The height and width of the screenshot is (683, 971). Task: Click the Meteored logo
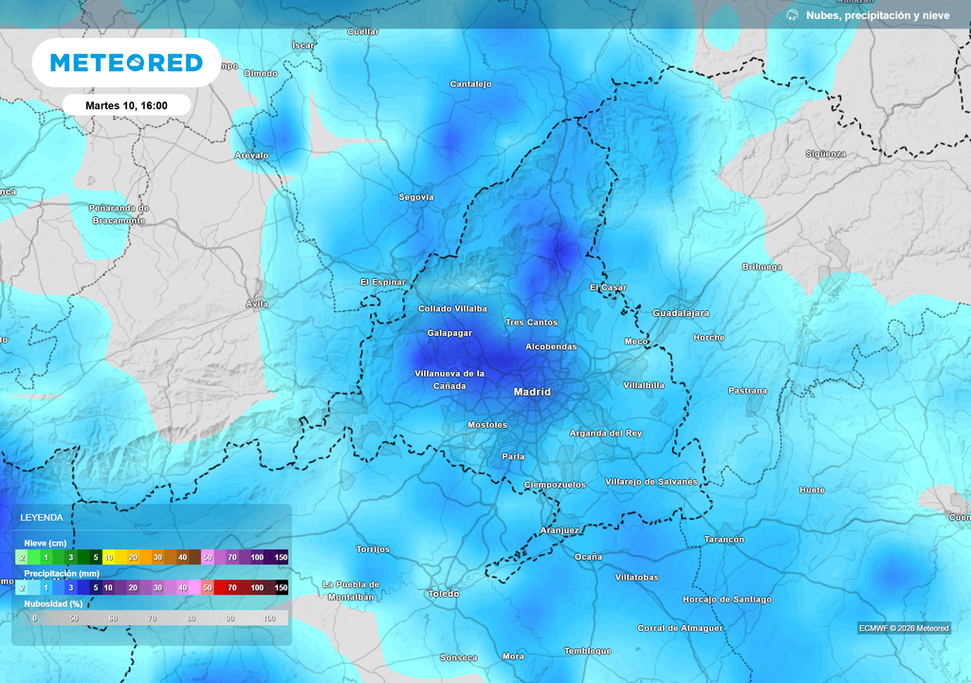126,63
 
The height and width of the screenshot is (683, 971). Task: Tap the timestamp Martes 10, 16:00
126,105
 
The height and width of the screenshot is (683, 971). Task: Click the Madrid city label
531,392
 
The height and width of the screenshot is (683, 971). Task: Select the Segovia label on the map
415,197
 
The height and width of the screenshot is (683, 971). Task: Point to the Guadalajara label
681,313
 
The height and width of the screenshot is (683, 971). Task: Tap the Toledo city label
443,594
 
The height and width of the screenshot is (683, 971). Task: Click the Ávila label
256,305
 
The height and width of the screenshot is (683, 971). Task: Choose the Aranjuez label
559,530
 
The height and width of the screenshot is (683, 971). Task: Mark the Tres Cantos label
531,323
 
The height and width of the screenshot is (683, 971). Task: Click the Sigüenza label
825,154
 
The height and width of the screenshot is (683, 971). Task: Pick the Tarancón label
724,540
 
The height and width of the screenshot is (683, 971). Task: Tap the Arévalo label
251,155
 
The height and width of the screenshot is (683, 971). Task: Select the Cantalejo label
470,84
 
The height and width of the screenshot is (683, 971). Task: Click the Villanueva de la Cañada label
449,379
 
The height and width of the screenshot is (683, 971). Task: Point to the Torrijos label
373,549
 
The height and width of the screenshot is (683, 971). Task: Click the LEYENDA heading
42,518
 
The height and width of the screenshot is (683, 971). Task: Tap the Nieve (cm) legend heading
45,543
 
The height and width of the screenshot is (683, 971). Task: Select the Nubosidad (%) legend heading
53,603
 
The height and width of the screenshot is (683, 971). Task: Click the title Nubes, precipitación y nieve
876,15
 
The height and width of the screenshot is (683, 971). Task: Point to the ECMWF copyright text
904,628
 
